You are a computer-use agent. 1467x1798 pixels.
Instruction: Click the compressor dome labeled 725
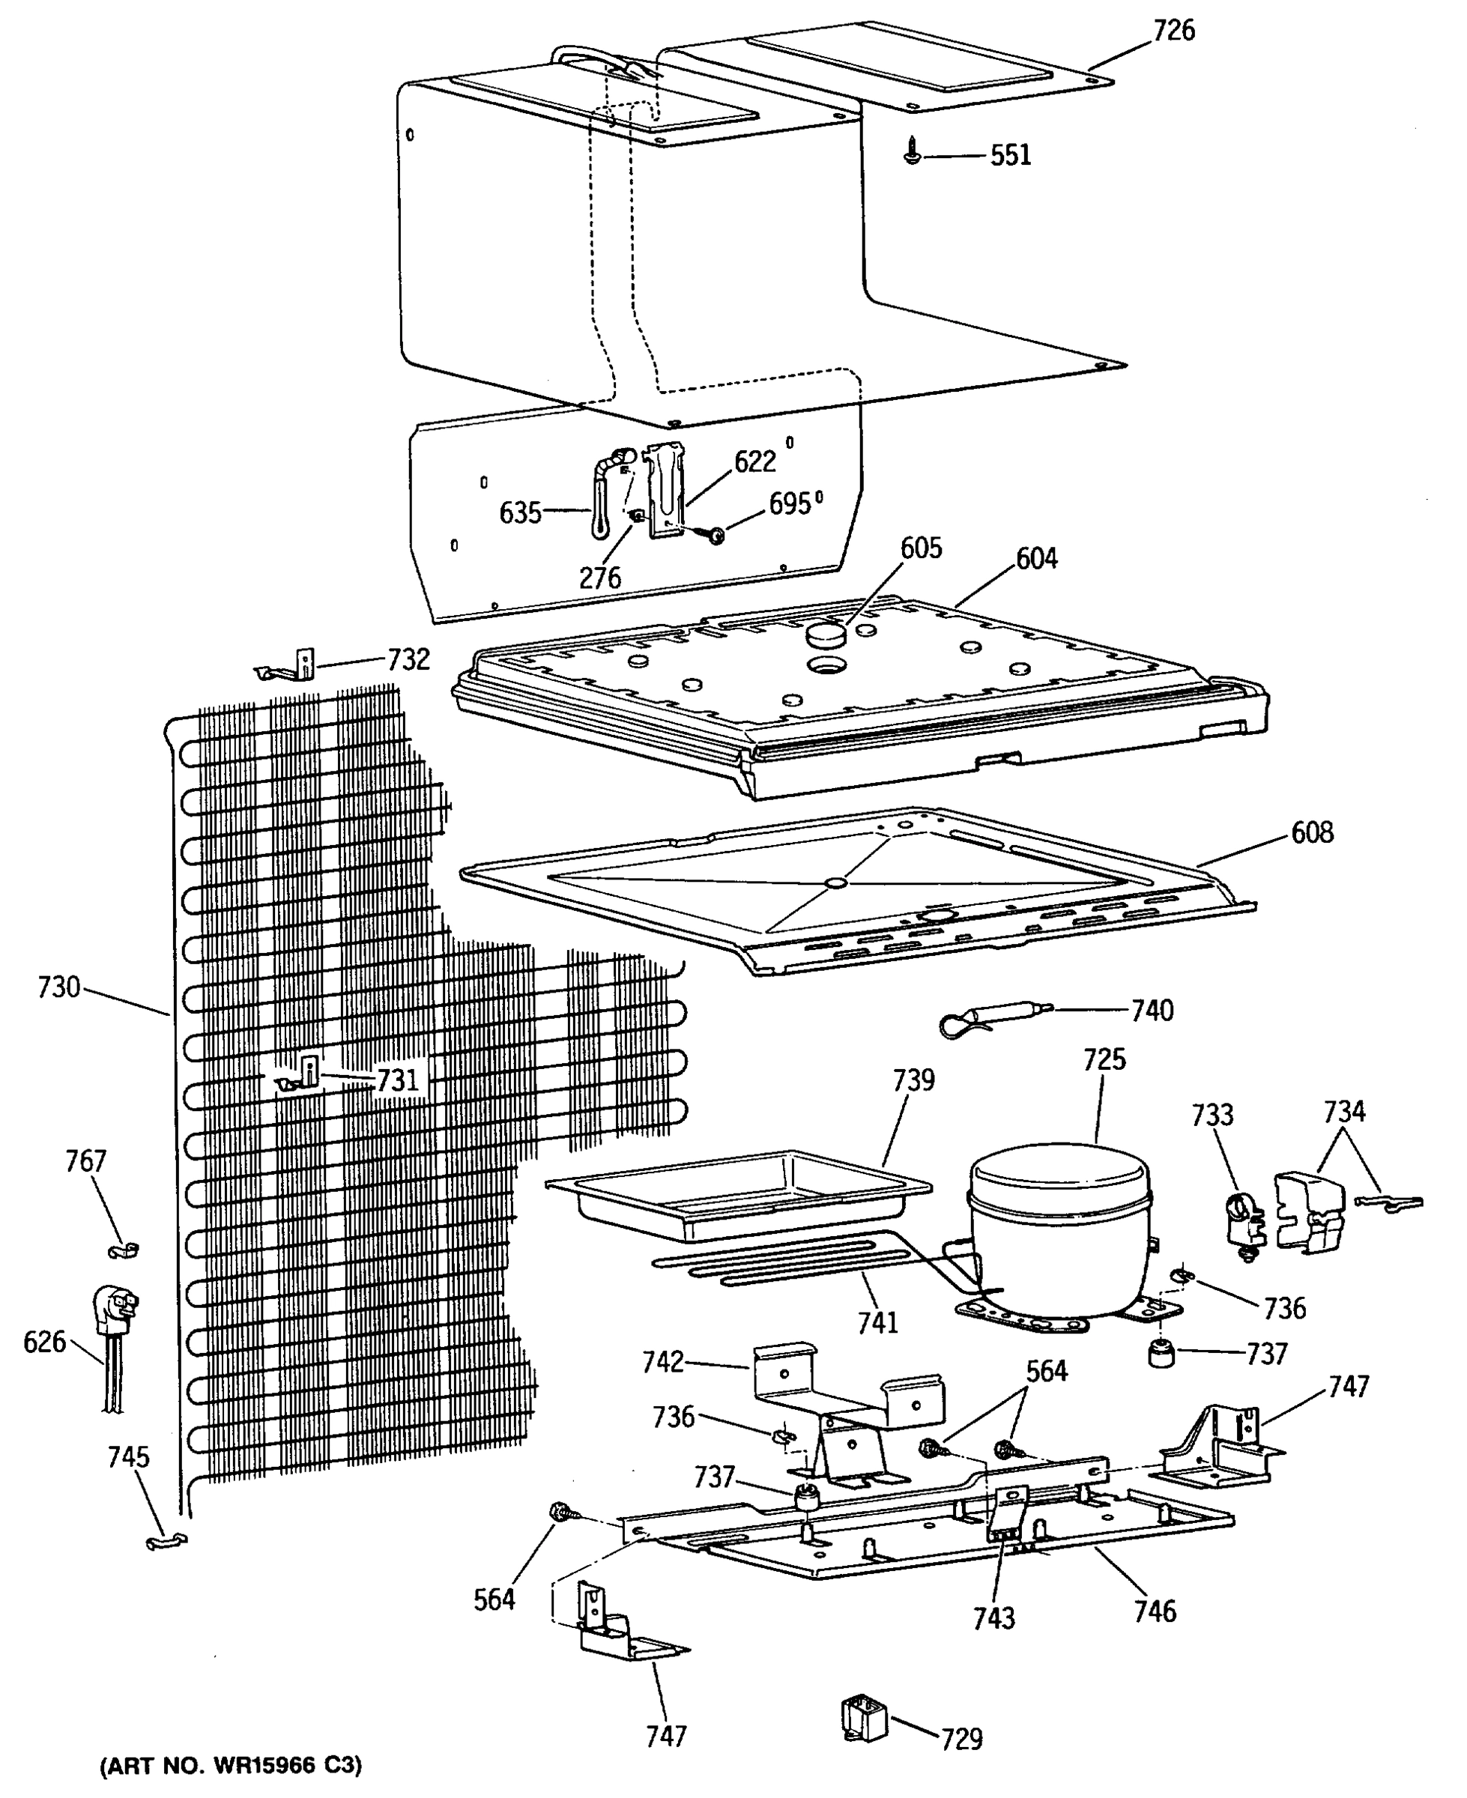tap(1059, 1217)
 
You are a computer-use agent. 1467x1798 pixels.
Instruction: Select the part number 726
tap(1174, 31)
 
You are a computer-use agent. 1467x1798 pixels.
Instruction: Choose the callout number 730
tap(58, 987)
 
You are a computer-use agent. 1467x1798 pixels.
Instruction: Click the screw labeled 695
tap(716, 534)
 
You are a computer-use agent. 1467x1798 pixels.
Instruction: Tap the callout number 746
tap(1155, 1611)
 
